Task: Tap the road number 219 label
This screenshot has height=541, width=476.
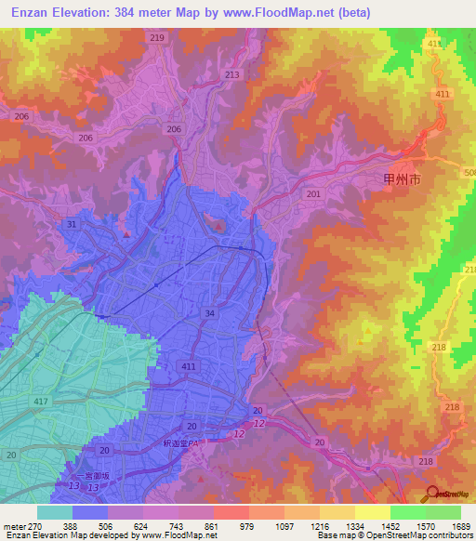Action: coord(156,37)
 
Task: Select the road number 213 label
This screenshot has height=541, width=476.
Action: coord(231,74)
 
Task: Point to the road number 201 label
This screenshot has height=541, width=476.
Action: coord(313,193)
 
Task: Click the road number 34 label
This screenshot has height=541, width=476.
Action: coord(211,314)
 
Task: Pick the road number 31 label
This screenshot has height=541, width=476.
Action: coord(73,224)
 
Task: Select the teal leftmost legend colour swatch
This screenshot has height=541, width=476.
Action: coord(55,511)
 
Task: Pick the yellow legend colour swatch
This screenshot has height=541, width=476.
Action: coord(373,511)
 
